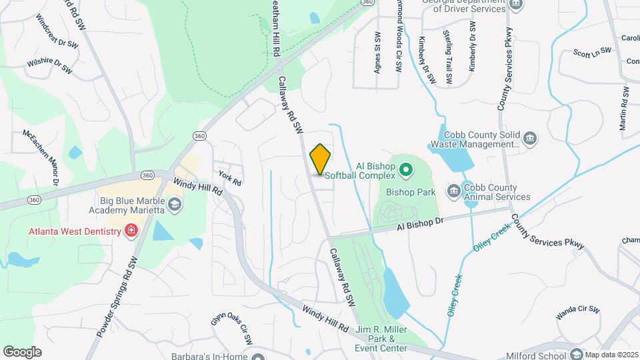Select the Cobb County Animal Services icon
point(453,191)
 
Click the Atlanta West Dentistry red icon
point(131,231)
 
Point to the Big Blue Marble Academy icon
point(175,205)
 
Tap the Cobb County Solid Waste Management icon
point(531,139)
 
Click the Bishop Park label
point(411,192)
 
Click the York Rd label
point(230,177)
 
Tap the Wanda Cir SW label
point(579,311)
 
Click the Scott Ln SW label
point(592,51)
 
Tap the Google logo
point(22,351)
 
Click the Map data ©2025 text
point(611,355)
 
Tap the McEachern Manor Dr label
point(41,157)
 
